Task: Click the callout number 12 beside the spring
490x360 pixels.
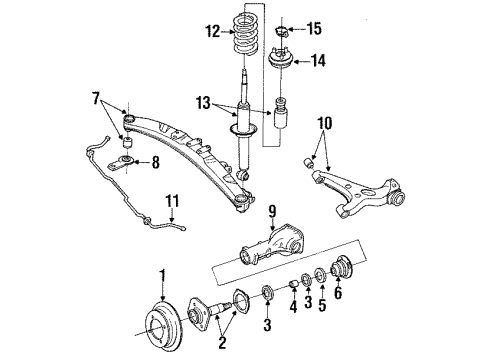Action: click(x=213, y=32)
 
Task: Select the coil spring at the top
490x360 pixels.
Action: click(x=245, y=33)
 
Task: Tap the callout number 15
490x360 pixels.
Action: click(x=314, y=28)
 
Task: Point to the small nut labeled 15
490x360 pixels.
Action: click(x=282, y=31)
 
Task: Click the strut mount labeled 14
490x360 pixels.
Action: click(x=281, y=59)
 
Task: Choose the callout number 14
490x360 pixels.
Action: click(x=318, y=61)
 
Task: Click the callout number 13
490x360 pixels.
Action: click(x=203, y=103)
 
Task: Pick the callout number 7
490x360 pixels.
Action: click(x=96, y=98)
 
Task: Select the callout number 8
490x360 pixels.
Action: click(x=155, y=163)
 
